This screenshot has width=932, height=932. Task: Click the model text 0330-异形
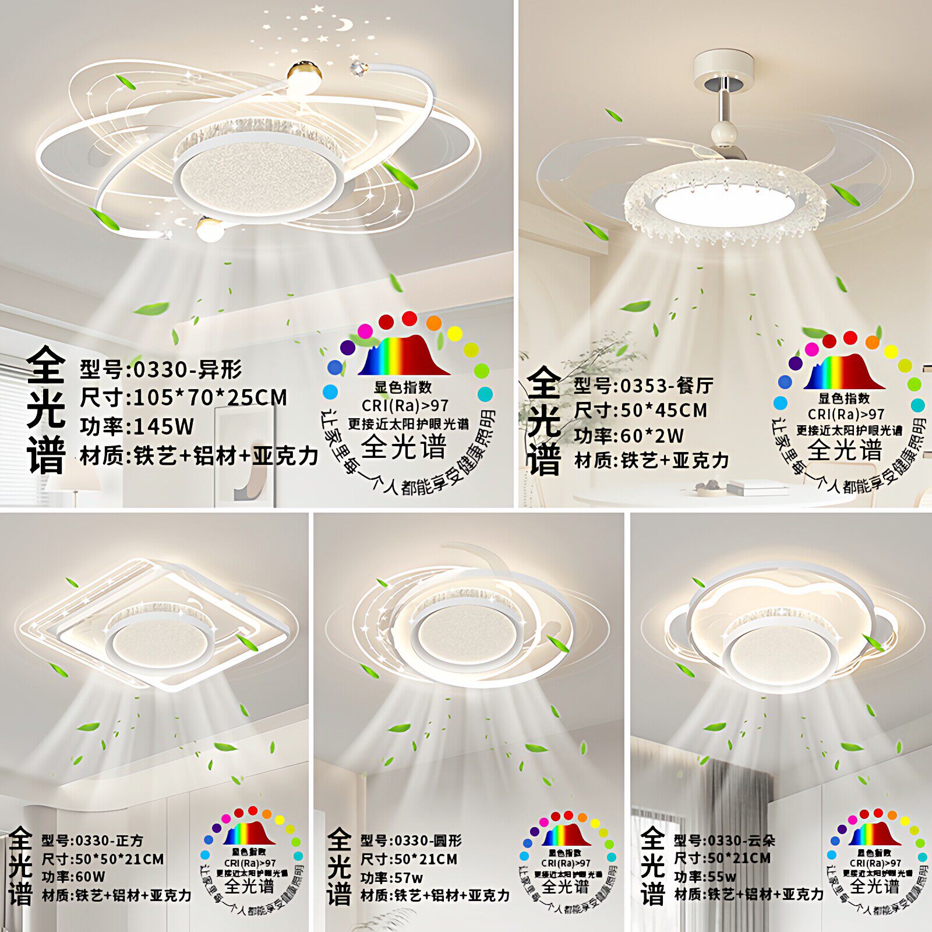tap(188, 369)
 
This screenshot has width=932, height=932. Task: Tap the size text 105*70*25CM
tap(210, 398)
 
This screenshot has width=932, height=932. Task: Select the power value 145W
tap(164, 427)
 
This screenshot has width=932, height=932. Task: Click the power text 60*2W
tap(652, 436)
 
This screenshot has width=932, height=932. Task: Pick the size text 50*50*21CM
tap(119, 859)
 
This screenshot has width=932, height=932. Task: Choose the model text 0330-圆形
tap(428, 841)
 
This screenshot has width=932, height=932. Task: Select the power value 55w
tap(722, 876)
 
